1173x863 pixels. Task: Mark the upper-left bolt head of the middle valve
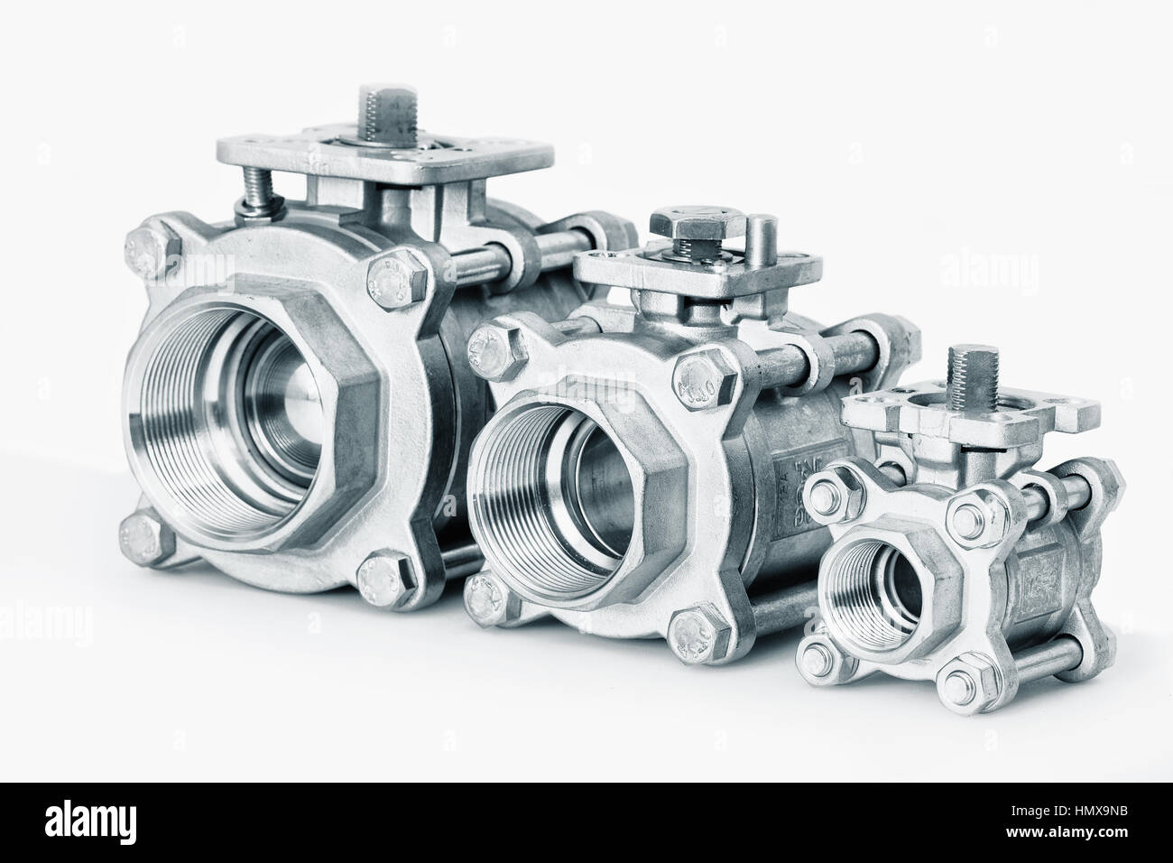tap(491, 345)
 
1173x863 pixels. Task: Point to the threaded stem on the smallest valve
tap(983, 370)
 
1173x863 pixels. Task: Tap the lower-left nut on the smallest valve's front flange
tap(815, 654)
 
